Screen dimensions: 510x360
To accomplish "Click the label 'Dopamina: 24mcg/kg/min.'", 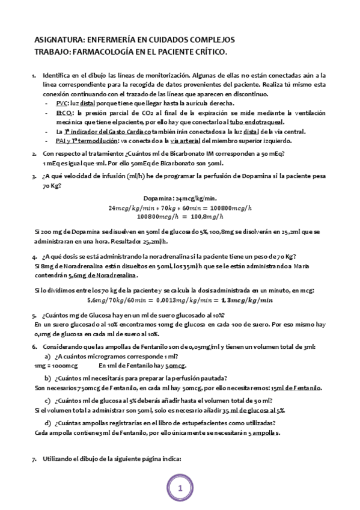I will [180, 198].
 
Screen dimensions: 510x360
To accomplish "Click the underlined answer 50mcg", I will [175, 366].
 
